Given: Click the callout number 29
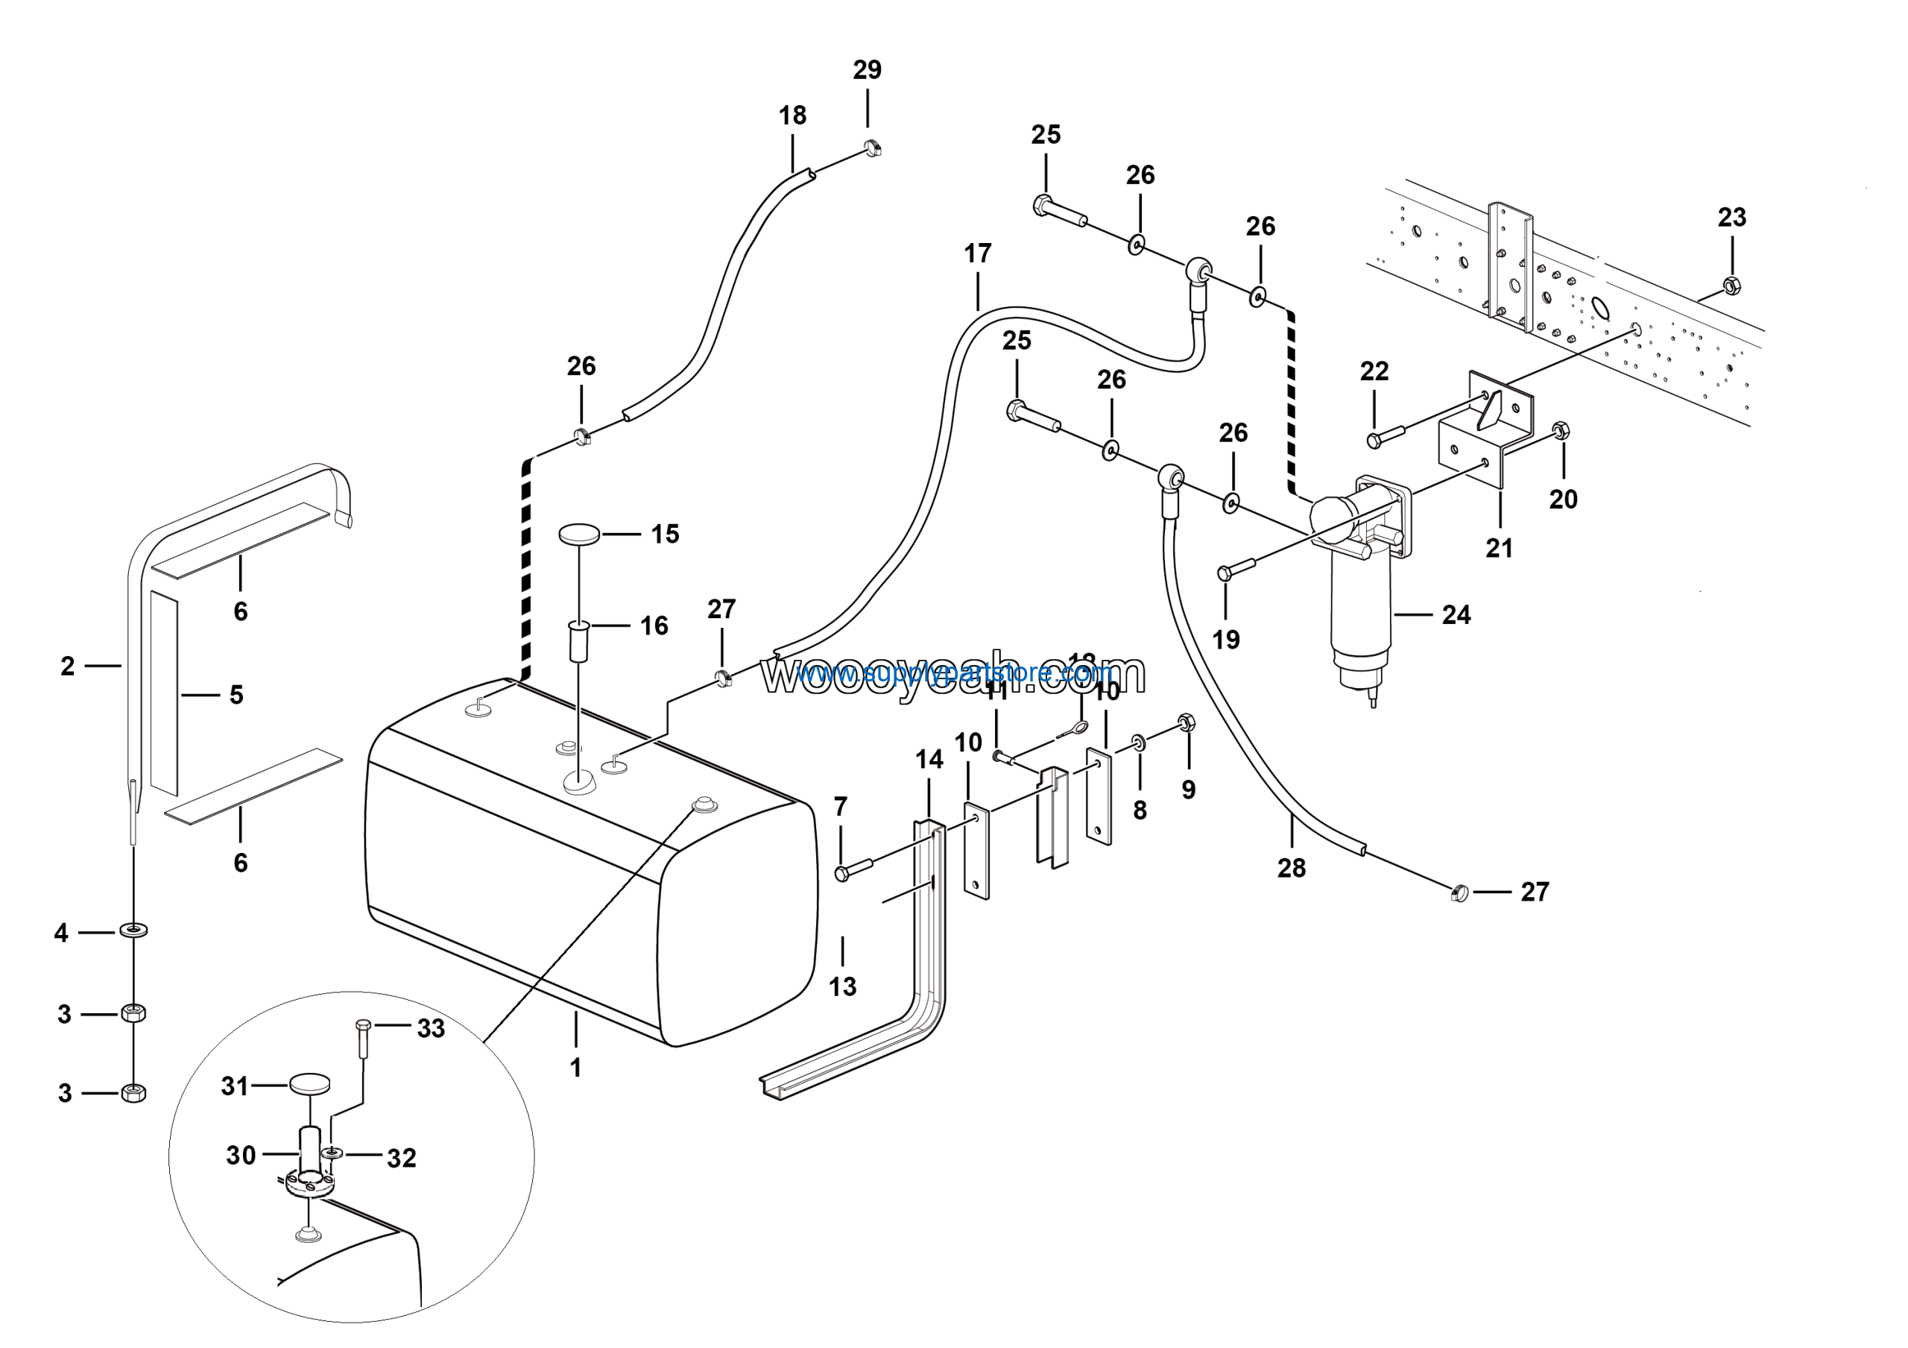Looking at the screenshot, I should click(x=867, y=70).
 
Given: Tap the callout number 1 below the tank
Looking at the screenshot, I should click(x=575, y=1068).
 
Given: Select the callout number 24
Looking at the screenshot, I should click(x=1456, y=615).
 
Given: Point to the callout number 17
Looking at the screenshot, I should click(x=977, y=253).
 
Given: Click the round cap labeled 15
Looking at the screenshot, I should click(x=579, y=534).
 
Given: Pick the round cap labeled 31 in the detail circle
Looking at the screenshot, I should click(x=309, y=1085).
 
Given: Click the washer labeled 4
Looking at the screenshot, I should click(x=134, y=928).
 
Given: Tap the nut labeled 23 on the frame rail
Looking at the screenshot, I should click(x=1732, y=286).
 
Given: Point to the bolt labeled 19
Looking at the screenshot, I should click(x=1235, y=570).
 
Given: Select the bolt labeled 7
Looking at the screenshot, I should click(x=853, y=870).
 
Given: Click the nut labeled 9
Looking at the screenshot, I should click(x=1187, y=722).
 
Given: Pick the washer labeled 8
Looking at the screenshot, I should click(x=1139, y=741).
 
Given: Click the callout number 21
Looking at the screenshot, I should click(x=1499, y=549).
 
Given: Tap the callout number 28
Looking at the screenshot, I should click(x=1292, y=869).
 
